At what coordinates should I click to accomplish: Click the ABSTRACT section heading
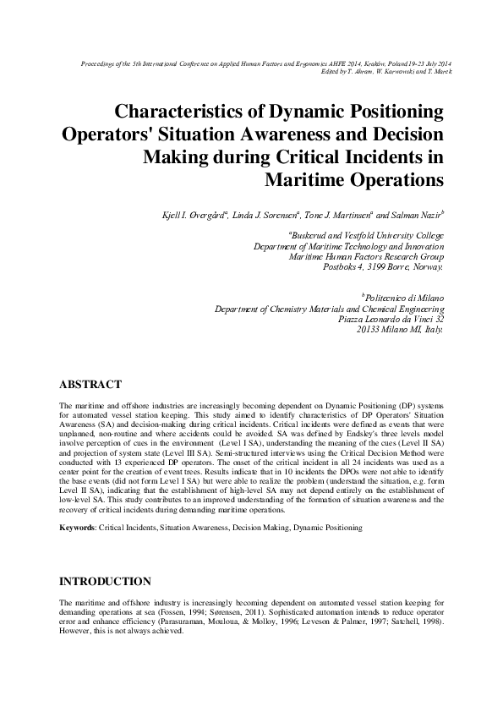[91, 384]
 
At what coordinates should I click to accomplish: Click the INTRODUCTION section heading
[105, 582]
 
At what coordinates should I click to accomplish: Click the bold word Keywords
[77, 527]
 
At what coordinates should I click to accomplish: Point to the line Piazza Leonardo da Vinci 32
[391, 319]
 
